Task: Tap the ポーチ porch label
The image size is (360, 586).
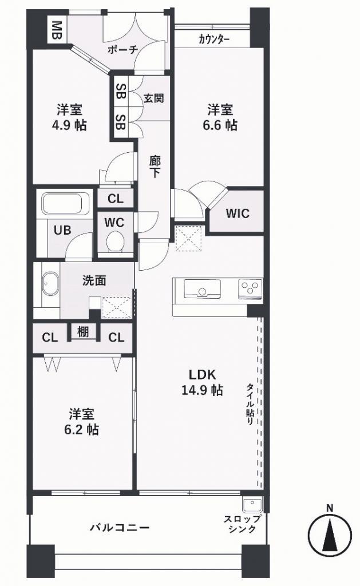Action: [123, 49]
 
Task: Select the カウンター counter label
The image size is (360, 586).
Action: [214, 39]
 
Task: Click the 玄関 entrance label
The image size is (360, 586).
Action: [154, 98]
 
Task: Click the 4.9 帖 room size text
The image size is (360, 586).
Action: [69, 125]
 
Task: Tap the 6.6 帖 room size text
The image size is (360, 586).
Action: [220, 124]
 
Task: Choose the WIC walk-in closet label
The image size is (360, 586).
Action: [238, 213]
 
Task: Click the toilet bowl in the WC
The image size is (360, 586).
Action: [115, 241]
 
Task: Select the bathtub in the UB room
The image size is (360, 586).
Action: [65, 204]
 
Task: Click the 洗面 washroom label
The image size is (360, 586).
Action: [94, 280]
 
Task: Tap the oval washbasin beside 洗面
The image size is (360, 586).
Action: [50, 284]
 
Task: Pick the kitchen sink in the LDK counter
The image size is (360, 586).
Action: [202, 289]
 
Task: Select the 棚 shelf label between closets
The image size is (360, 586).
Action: [84, 331]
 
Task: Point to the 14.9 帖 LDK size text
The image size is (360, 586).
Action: [202, 390]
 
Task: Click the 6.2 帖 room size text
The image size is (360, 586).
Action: [81, 430]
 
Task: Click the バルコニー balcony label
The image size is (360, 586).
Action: [120, 527]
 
